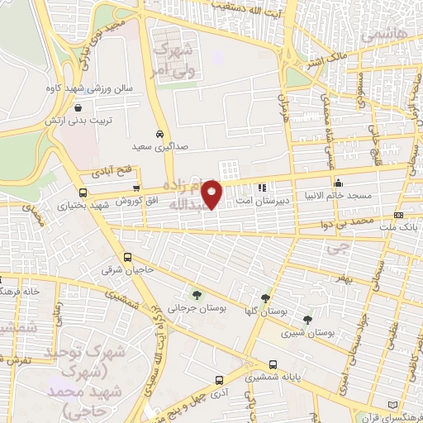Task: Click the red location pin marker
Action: [x=212, y=194]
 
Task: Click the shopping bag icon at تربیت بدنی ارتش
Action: [x=77, y=107]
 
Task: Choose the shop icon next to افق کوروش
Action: [x=136, y=188]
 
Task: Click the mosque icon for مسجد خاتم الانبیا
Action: [x=337, y=183]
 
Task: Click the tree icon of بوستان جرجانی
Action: [x=196, y=294]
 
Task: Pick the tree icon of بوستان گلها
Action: [x=265, y=298]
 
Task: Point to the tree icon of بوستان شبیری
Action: [x=307, y=319]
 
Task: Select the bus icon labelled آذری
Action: [x=218, y=381]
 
